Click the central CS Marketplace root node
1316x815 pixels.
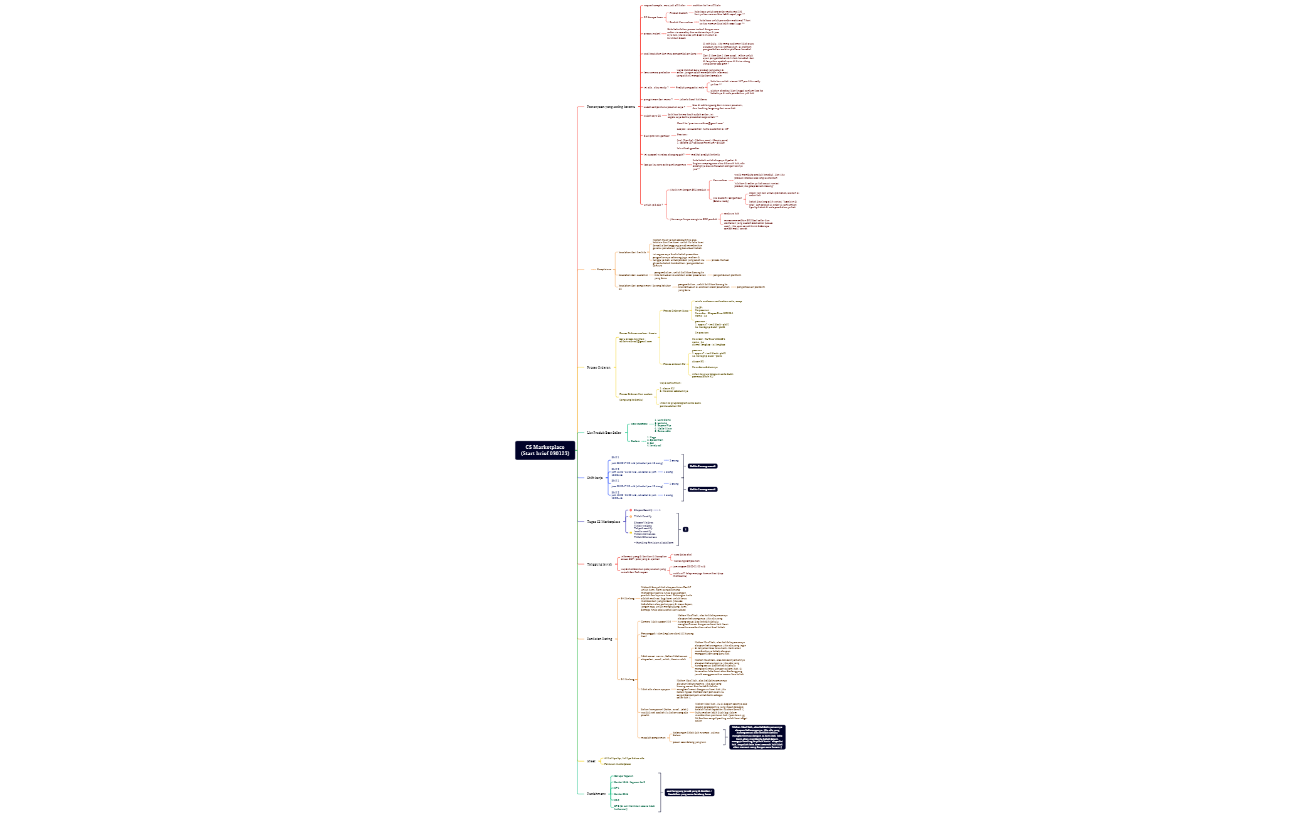click(x=544, y=450)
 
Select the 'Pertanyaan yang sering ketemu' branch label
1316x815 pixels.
click(x=611, y=107)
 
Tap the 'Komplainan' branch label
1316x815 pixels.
click(x=604, y=270)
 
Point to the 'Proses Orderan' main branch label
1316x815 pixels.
click(x=598, y=367)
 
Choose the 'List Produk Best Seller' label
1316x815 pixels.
click(x=604, y=433)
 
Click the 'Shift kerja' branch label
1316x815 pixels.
click(x=594, y=478)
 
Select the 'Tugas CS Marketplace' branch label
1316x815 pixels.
click(x=603, y=522)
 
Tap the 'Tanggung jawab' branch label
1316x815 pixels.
click(x=599, y=564)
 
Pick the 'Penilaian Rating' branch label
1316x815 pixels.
click(x=599, y=639)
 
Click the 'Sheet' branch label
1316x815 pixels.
click(x=591, y=761)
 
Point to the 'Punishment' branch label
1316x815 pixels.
click(x=596, y=794)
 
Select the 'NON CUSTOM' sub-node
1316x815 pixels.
click(x=639, y=424)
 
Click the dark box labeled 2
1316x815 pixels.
click(x=685, y=530)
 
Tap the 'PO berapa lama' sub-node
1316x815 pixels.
click(x=652, y=18)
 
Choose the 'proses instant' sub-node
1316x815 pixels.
click(x=652, y=34)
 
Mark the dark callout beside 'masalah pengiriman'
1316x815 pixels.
click(x=757, y=737)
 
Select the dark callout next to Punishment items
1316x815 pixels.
click(x=689, y=792)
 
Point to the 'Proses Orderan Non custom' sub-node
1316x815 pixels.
click(x=636, y=394)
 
